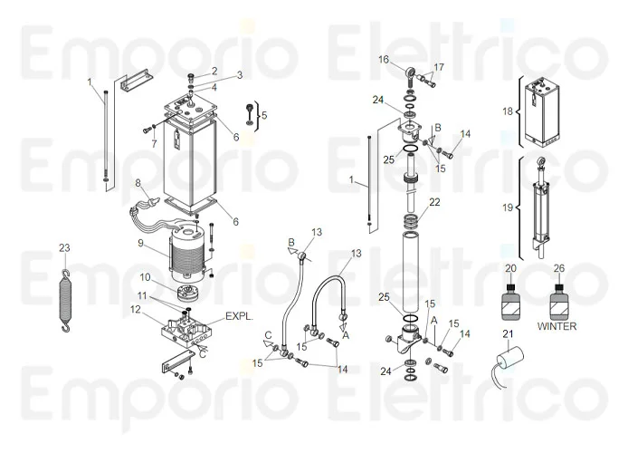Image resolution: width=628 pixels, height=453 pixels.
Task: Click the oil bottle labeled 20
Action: (509, 298)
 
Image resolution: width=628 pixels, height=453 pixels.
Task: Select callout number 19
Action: (507, 207)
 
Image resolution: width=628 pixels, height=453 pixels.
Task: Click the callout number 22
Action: (434, 201)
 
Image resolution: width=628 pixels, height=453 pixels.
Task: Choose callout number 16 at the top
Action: (384, 59)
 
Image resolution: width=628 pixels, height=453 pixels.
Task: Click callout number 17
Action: (440, 68)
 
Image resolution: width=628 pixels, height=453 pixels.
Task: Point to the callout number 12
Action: (134, 309)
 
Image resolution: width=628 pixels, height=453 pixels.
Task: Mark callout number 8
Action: (138, 183)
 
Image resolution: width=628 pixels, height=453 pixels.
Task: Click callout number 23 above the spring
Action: (63, 247)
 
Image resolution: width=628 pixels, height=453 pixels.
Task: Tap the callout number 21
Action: (509, 334)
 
